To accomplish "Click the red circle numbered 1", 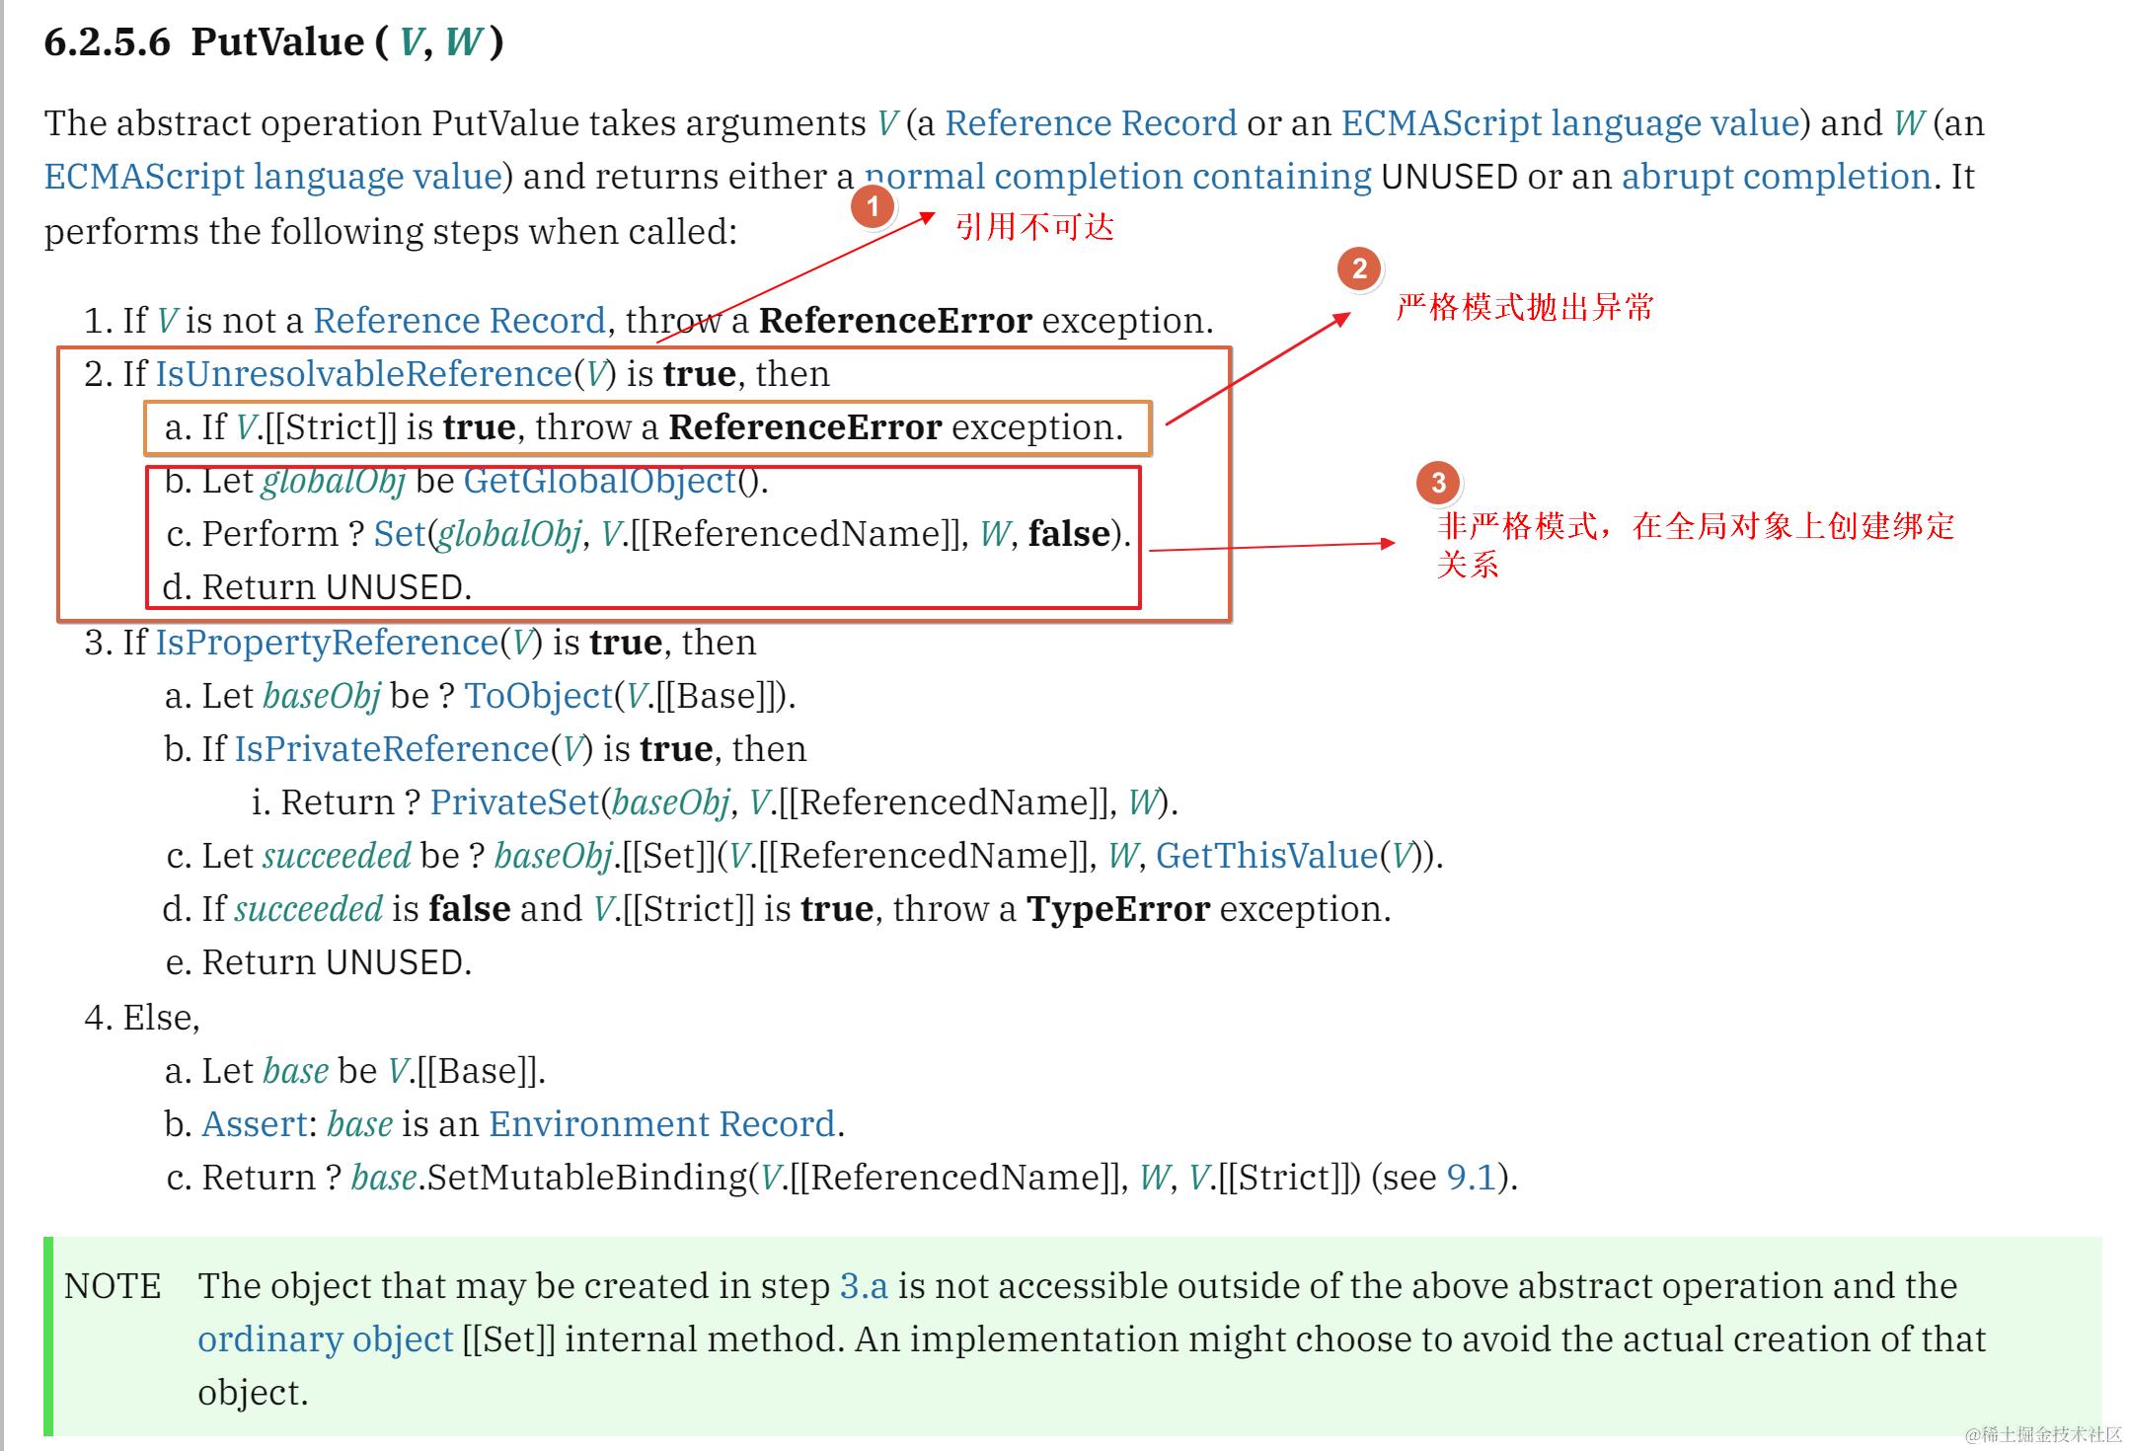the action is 873,206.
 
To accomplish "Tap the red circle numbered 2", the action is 1359,268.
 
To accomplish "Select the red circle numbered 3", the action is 1438,482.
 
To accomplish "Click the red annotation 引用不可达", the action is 1034,227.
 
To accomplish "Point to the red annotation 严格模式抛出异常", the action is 1525,307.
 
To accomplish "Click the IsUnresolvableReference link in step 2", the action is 363,374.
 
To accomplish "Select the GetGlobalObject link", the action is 600,481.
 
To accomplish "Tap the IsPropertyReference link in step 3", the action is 327,643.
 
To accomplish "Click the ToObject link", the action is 539,696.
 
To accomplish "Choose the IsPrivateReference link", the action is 391,749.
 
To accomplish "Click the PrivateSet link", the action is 514,802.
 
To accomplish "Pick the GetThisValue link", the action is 1266,856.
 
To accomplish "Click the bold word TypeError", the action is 1118,909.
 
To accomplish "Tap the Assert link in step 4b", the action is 255,1124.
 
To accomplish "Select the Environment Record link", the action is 661,1124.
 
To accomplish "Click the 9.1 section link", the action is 1471,1178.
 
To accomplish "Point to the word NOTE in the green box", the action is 113,1286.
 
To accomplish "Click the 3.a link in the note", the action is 864,1286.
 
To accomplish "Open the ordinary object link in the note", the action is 325,1339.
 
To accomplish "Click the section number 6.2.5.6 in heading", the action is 108,41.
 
